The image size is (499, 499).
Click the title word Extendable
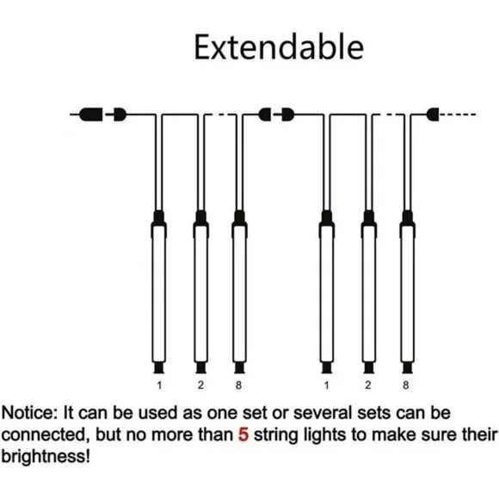point(279,47)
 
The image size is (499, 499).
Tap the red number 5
point(243,434)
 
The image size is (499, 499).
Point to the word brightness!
point(46,457)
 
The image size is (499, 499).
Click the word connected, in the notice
point(46,435)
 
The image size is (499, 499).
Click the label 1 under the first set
point(159,385)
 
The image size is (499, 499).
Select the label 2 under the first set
point(200,385)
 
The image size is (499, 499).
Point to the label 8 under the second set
point(406,385)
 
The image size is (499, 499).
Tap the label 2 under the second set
point(368,385)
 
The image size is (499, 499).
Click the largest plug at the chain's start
point(91,114)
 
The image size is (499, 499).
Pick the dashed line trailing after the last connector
point(458,114)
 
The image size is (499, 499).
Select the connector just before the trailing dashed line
point(433,114)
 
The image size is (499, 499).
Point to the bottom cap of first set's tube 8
point(239,367)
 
